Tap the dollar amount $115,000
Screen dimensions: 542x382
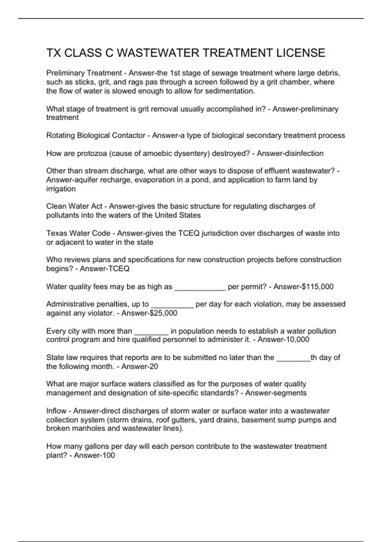317,287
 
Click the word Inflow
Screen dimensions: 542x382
56,411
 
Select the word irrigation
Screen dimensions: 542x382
61,189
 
